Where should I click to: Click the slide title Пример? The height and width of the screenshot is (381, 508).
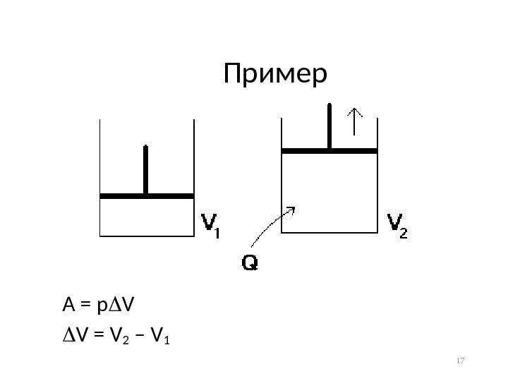pyautogui.click(x=276, y=74)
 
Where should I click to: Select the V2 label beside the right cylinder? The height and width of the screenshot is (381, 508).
pyautogui.click(x=397, y=226)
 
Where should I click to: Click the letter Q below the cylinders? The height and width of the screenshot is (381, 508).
pyautogui.click(x=250, y=264)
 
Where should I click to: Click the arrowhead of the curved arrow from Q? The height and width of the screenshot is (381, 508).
pyautogui.click(x=291, y=210)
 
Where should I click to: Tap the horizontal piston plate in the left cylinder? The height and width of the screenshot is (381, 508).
pyautogui.click(x=147, y=195)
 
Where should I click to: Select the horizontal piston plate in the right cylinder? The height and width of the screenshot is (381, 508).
pyautogui.click(x=329, y=150)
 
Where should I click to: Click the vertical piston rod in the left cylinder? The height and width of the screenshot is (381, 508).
pyautogui.click(x=146, y=169)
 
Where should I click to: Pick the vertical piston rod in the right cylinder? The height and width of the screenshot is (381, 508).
pyautogui.click(x=329, y=125)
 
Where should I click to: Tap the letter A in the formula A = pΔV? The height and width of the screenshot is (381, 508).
pyautogui.click(x=68, y=305)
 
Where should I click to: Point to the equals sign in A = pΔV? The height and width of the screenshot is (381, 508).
pyautogui.click(x=84, y=306)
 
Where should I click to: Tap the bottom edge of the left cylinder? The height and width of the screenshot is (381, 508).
pyautogui.click(x=147, y=235)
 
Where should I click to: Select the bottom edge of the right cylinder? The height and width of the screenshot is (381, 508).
pyautogui.click(x=329, y=231)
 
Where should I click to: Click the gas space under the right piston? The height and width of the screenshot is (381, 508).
pyautogui.click(x=329, y=190)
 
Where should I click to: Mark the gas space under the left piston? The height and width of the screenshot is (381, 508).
pyautogui.click(x=147, y=216)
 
